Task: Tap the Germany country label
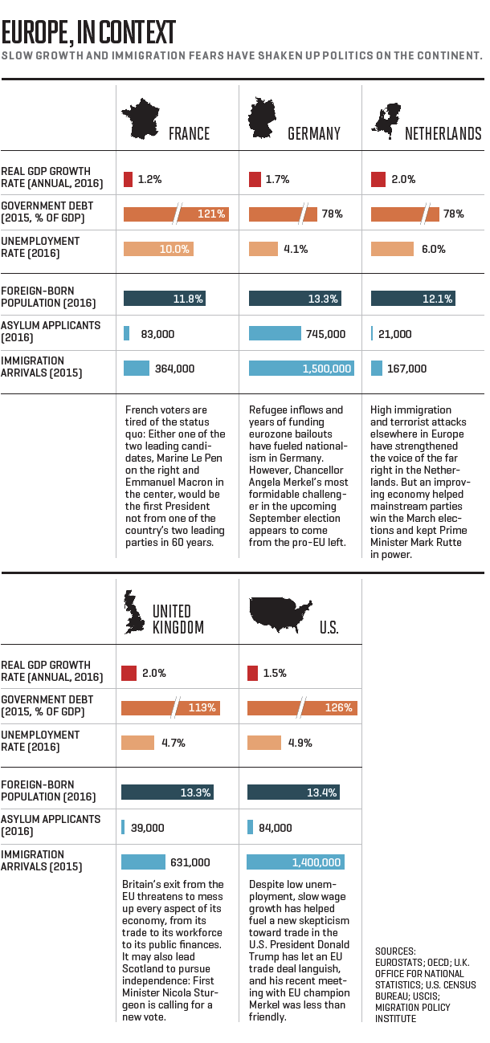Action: click(x=314, y=133)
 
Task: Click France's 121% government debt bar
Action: click(x=176, y=214)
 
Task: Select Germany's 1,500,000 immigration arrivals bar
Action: click(x=301, y=369)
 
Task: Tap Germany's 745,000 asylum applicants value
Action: click(x=325, y=334)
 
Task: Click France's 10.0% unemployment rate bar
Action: click(x=158, y=249)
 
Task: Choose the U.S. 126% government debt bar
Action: click(x=301, y=708)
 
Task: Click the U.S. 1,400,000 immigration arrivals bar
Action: click(x=296, y=862)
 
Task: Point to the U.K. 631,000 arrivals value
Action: click(x=190, y=862)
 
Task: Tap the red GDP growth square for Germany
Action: click(x=255, y=179)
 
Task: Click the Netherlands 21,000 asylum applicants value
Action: click(x=394, y=334)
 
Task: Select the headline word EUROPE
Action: click(x=33, y=33)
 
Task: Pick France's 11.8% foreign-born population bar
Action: click(x=165, y=299)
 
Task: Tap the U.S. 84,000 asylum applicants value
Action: click(x=276, y=828)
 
